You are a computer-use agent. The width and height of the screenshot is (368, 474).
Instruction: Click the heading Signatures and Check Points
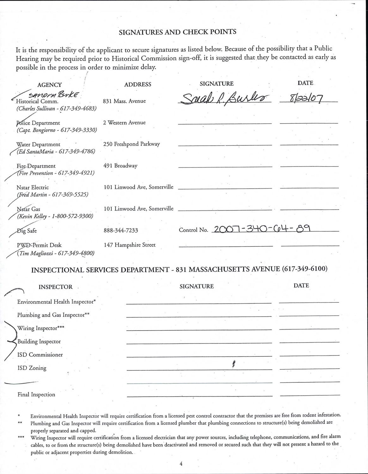tap(177, 32)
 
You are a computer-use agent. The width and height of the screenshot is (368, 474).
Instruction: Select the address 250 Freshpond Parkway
tap(132, 144)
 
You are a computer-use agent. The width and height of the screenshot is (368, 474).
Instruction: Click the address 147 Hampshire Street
tap(130, 245)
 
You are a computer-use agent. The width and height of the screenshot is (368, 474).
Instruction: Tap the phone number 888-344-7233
tap(121, 230)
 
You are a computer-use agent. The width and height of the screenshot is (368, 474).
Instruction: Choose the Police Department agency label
tap(38, 123)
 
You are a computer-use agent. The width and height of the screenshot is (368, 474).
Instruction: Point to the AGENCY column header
tap(50, 85)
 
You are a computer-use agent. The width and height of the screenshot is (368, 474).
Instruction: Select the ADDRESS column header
tap(138, 84)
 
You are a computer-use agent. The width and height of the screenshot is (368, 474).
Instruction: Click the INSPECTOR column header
tap(56, 287)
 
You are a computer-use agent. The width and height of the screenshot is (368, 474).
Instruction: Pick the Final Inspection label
tap(36, 394)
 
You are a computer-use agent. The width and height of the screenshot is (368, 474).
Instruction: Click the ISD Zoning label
tap(32, 368)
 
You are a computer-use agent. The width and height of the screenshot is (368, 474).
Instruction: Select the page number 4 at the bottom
tap(181, 464)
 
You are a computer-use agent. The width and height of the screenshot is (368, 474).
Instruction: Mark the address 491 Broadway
tap(120, 166)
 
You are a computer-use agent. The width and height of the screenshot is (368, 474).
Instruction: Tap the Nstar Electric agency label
tap(33, 187)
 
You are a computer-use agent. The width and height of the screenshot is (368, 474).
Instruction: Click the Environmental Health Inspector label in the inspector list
tap(56, 302)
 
